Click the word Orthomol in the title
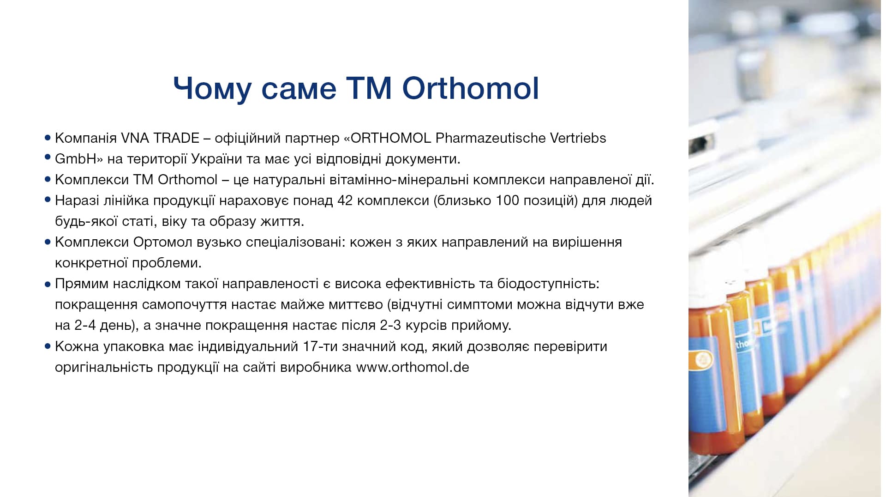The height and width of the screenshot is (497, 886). click(471, 88)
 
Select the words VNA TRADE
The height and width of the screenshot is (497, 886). click(160, 138)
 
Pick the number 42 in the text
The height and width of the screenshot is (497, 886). click(345, 200)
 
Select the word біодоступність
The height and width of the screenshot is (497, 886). click(548, 284)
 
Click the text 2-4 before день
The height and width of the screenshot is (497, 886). click(85, 325)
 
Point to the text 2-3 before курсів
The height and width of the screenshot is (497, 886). click(391, 325)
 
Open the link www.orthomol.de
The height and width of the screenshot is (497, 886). click(413, 367)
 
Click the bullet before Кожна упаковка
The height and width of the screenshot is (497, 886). click(48, 346)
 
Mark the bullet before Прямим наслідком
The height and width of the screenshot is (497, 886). click(48, 285)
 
